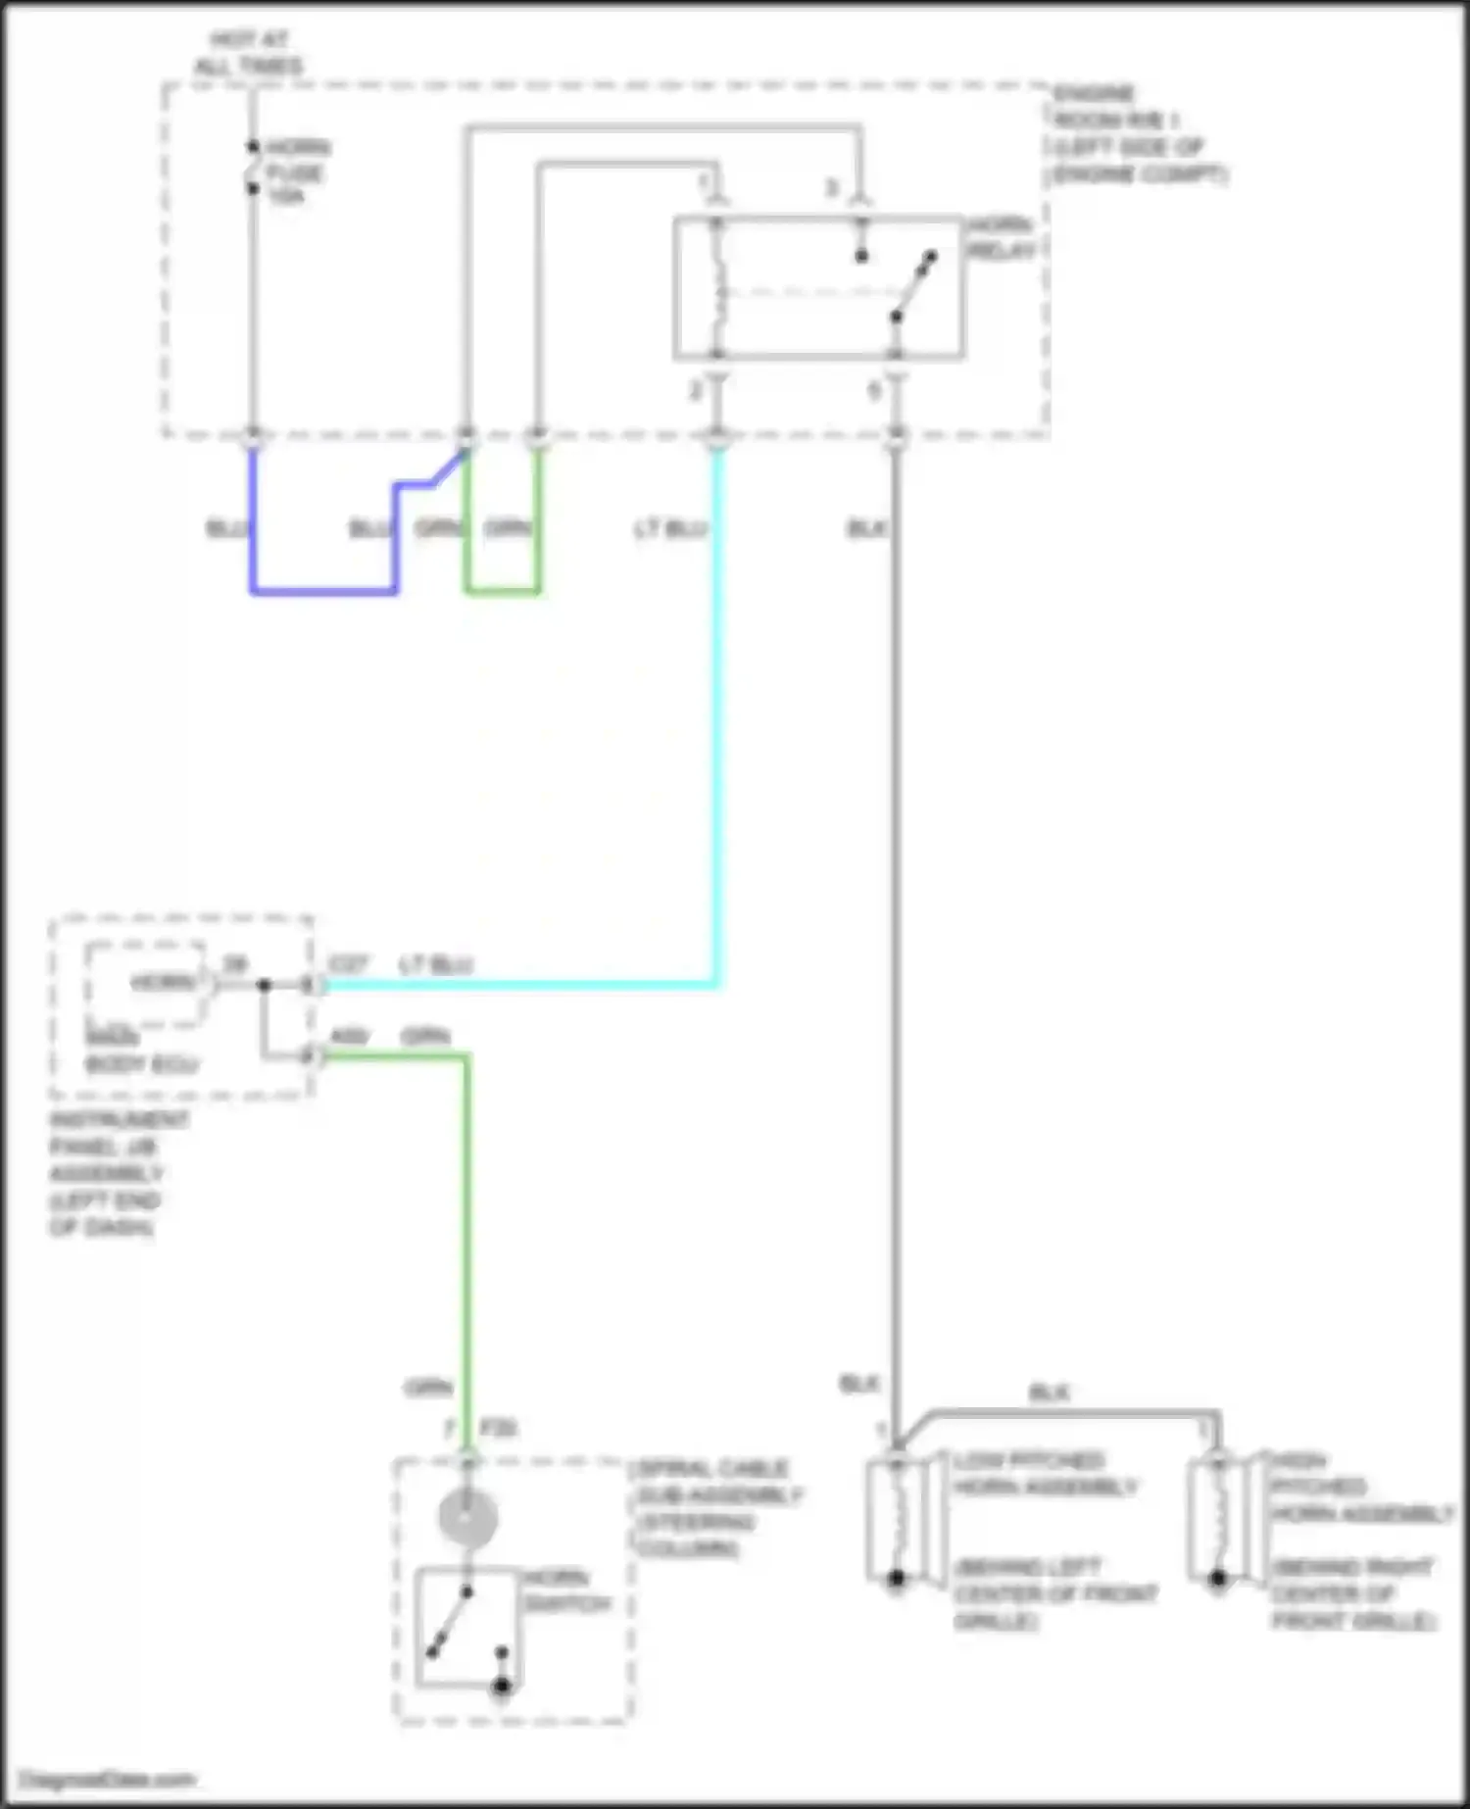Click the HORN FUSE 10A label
click(295, 172)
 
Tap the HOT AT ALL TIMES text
click(248, 54)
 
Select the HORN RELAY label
click(1001, 238)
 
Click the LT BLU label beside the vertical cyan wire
click(670, 529)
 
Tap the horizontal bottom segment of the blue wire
click(323, 591)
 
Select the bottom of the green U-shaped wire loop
click(502, 591)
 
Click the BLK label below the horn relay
click(866, 529)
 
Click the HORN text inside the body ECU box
click(162, 982)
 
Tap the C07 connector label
click(348, 965)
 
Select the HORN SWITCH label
click(567, 1590)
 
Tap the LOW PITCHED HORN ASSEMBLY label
click(1045, 1474)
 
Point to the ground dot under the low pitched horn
click(896, 1580)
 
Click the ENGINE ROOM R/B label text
click(1137, 134)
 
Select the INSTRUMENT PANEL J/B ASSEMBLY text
click(108, 1173)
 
